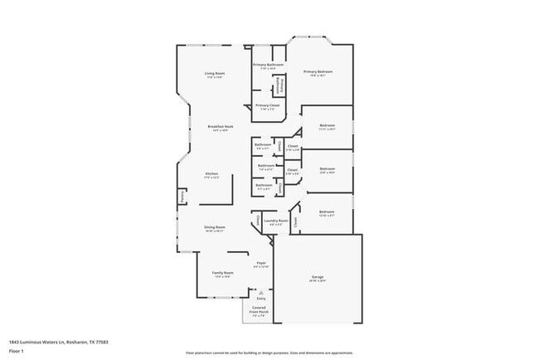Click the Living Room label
[x=215, y=74]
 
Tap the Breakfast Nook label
[x=220, y=127]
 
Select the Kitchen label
[x=212, y=173]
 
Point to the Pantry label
[x=181, y=197]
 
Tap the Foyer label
[x=260, y=263]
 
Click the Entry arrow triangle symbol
[x=260, y=292]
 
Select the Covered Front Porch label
[x=259, y=309]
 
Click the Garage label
[x=318, y=276]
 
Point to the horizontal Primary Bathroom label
[x=269, y=65]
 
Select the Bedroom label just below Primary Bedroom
[x=327, y=126]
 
